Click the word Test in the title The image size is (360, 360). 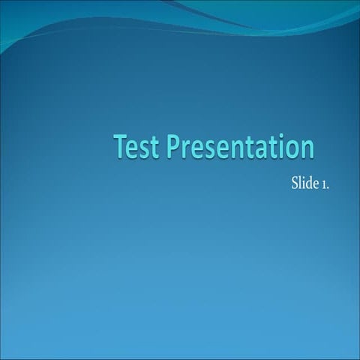137,146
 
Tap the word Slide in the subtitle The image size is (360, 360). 304,183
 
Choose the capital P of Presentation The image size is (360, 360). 175,146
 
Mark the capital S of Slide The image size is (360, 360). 295,184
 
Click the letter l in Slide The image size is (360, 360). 300,183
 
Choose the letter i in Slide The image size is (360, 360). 304,183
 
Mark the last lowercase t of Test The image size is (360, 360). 154,148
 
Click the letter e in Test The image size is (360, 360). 134,148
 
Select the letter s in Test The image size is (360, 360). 145,148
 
